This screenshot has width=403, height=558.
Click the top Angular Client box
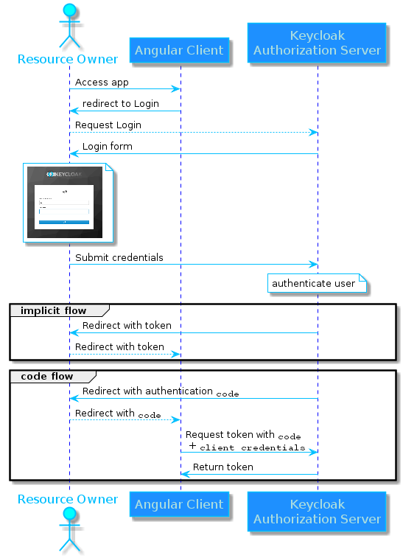[x=180, y=51]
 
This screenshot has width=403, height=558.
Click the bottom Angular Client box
[x=180, y=505]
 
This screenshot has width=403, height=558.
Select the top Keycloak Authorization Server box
[x=317, y=43]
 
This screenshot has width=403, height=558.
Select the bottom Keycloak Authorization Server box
[x=317, y=512]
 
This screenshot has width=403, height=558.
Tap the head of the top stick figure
[x=70, y=11]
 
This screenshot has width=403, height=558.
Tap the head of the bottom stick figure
[x=70, y=513]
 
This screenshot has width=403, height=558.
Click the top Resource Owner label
[x=67, y=59]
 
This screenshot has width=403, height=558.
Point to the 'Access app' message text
[x=102, y=83]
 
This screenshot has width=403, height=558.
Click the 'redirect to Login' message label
[x=120, y=104]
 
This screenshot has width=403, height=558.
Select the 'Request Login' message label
[x=108, y=125]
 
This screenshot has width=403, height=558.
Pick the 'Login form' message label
[x=108, y=147]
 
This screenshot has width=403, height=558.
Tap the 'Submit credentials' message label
[x=119, y=258]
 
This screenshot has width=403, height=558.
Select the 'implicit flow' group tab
[x=53, y=310]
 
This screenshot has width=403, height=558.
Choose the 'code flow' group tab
[x=46, y=377]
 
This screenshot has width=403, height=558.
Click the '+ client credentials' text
[x=247, y=447]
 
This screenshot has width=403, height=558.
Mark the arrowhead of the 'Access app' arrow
[x=176, y=89]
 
